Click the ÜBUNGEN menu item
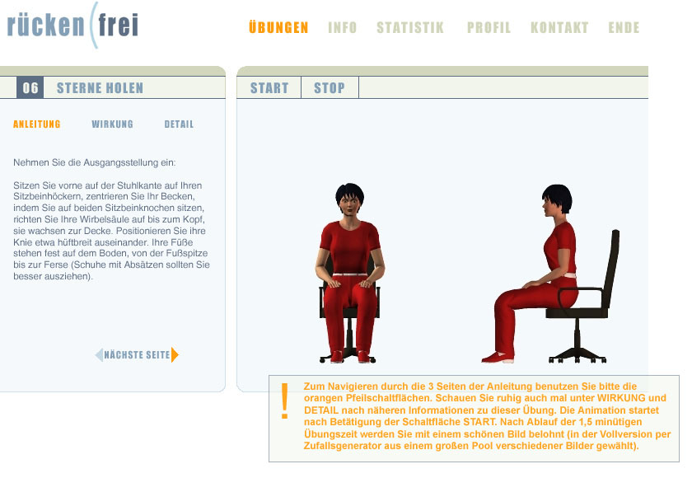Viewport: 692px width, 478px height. click(278, 27)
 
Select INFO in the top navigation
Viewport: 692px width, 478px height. click(342, 27)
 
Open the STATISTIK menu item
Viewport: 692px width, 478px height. click(410, 27)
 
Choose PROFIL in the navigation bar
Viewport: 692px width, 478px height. click(489, 27)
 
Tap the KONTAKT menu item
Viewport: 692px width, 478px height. click(559, 27)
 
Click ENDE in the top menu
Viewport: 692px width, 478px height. click(624, 27)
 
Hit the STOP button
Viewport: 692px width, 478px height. click(330, 88)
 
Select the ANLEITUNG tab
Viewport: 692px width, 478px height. click(36, 124)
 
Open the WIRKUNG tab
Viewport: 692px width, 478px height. click(112, 124)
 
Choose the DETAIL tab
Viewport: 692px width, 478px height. click(179, 124)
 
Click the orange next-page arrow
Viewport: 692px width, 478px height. click(175, 355)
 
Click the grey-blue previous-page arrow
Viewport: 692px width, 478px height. click(99, 355)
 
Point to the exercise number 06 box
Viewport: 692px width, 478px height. click(30, 87)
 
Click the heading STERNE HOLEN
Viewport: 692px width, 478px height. click(100, 88)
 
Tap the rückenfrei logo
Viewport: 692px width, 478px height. click(72, 25)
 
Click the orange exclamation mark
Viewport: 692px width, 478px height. click(285, 401)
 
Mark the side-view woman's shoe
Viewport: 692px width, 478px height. click(498, 357)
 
